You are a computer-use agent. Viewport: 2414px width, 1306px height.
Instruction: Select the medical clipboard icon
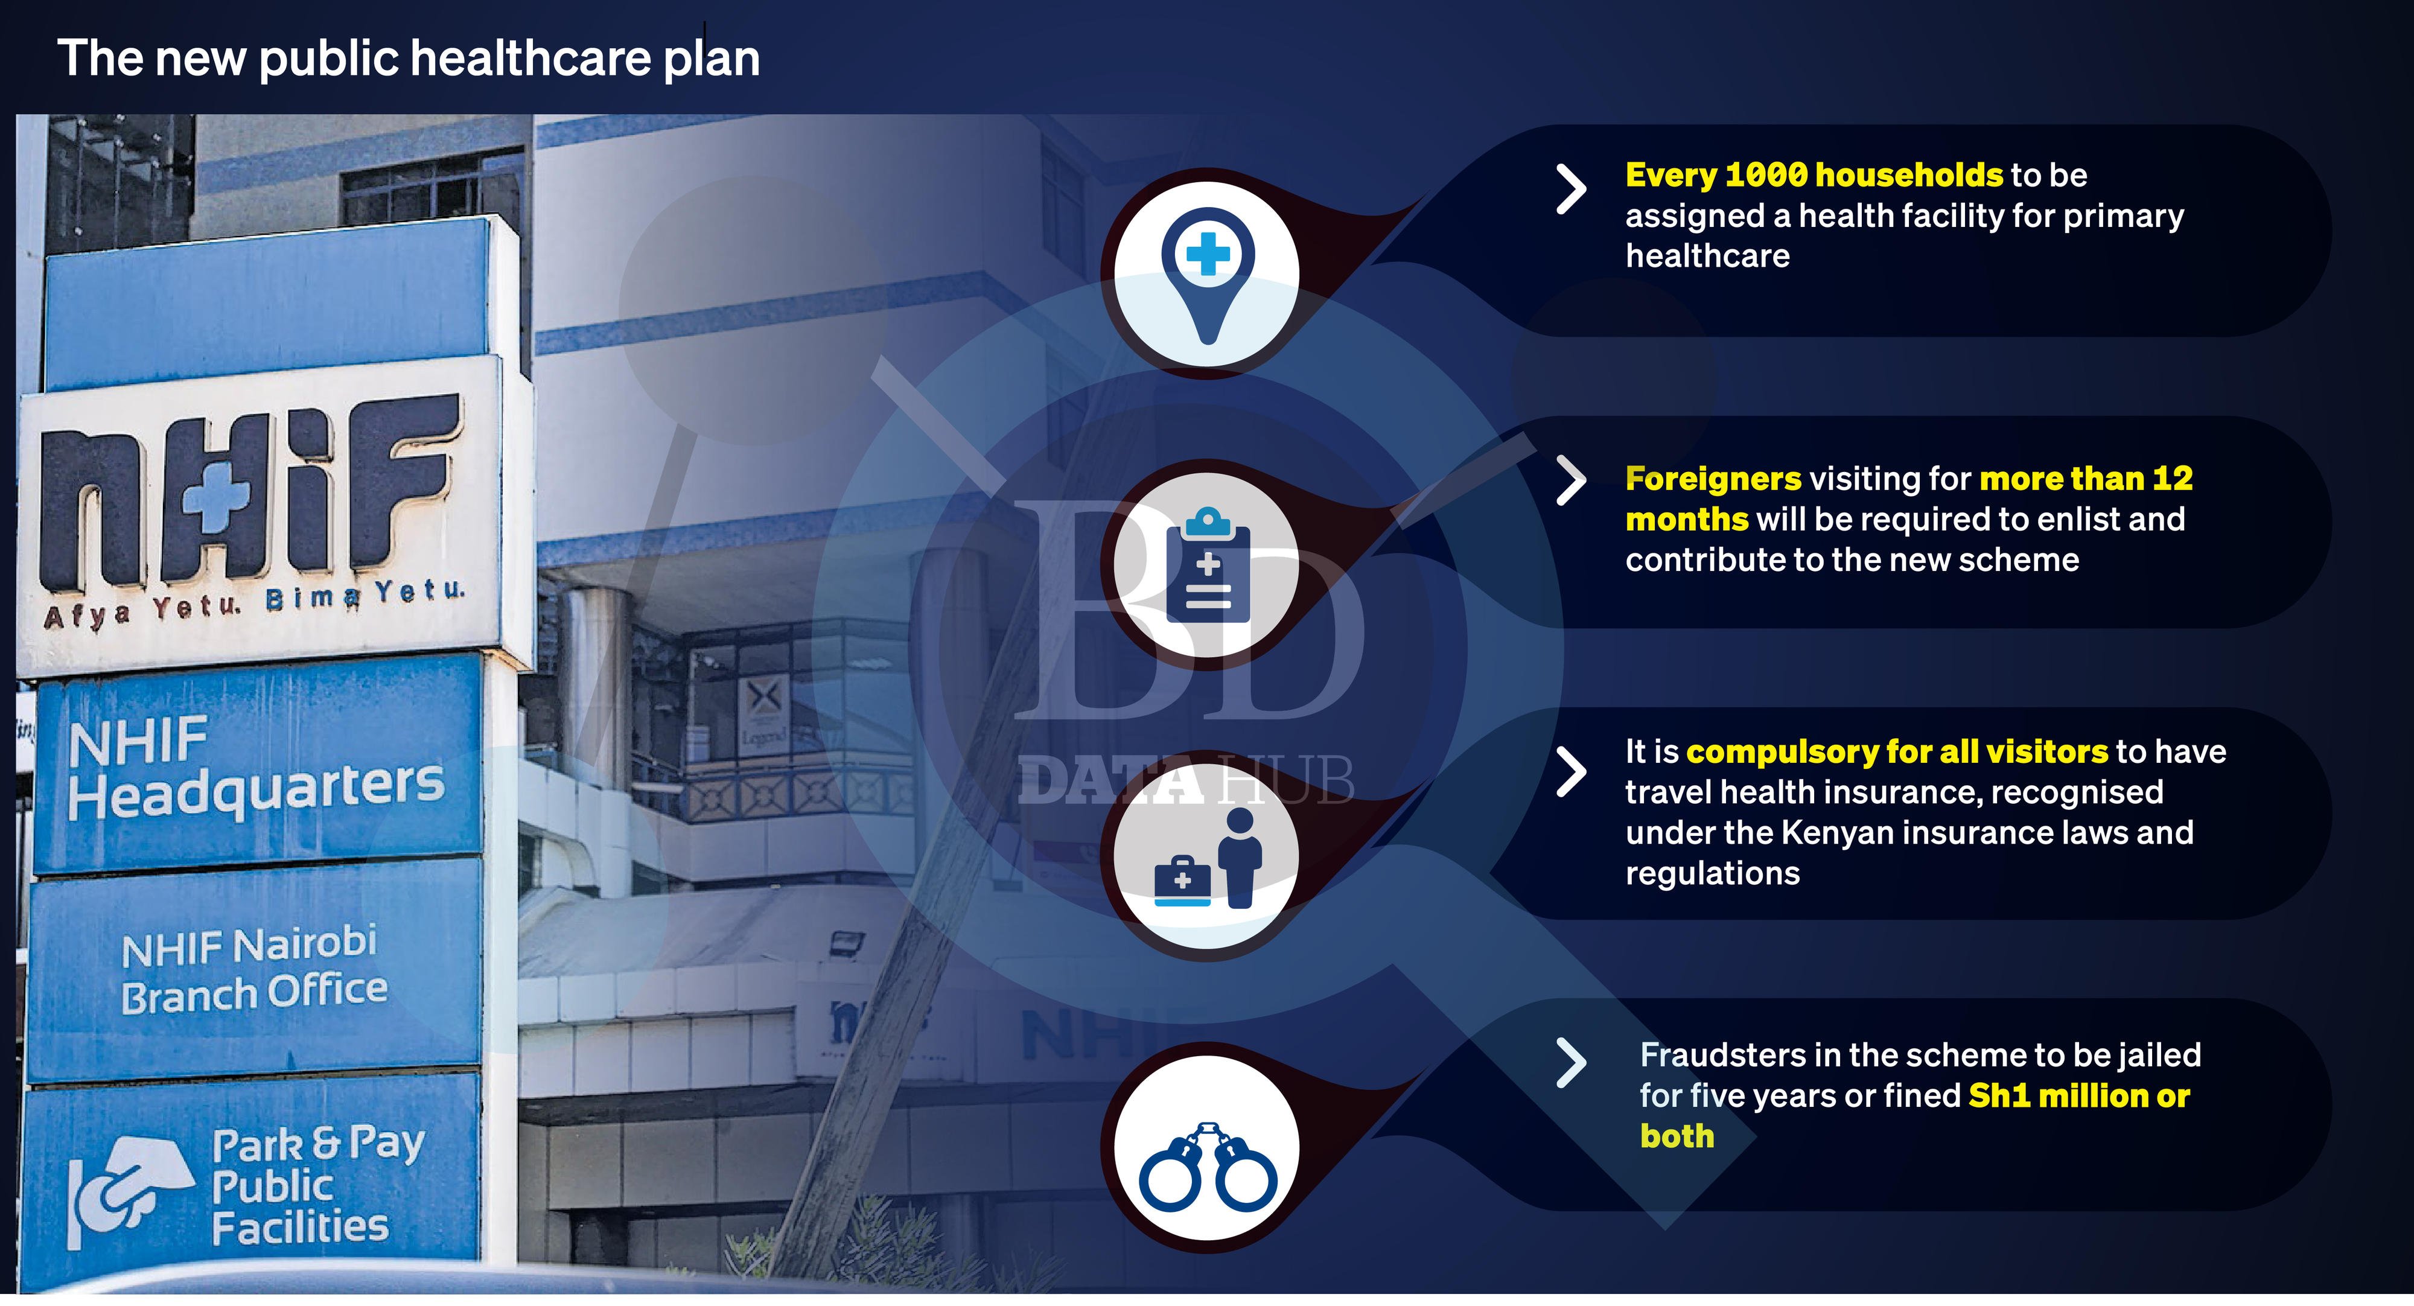1208,565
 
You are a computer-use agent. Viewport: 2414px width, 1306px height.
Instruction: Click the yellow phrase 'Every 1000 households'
1814,175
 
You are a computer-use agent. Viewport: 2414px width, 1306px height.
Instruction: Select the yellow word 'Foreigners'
1713,479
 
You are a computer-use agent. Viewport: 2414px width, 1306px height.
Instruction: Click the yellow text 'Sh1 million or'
2078,1095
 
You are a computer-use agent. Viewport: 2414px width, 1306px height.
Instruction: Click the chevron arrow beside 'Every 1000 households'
1570,190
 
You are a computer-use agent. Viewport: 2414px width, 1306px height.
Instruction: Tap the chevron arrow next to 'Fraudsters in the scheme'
1570,1063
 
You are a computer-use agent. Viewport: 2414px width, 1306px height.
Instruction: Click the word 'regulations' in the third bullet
1712,874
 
